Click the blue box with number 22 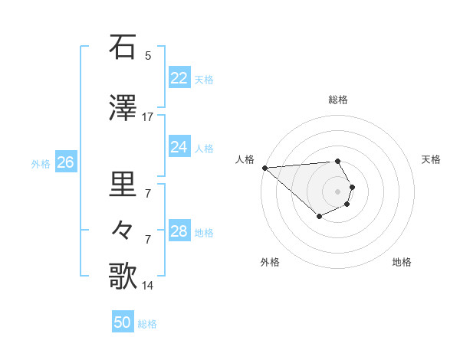point(179,78)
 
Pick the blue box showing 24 point(179,147)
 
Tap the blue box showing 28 point(179,231)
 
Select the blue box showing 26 point(65,162)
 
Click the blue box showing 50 point(123,323)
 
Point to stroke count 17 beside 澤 point(148,116)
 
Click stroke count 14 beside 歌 point(148,285)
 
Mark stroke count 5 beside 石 point(148,55)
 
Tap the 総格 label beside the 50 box point(147,324)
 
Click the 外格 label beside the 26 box point(41,163)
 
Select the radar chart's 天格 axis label point(431,159)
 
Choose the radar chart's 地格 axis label point(402,262)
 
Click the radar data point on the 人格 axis point(264,168)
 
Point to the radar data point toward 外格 point(319,217)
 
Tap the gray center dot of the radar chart point(337,191)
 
